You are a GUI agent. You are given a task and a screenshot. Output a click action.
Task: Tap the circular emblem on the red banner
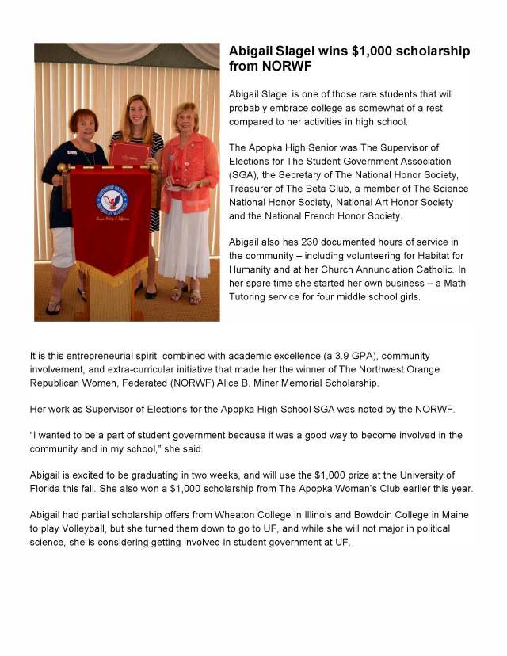[x=109, y=200]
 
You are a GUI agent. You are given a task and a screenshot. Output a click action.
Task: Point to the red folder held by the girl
[x=129, y=153]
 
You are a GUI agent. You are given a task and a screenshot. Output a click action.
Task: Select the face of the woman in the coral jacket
[x=185, y=119]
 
